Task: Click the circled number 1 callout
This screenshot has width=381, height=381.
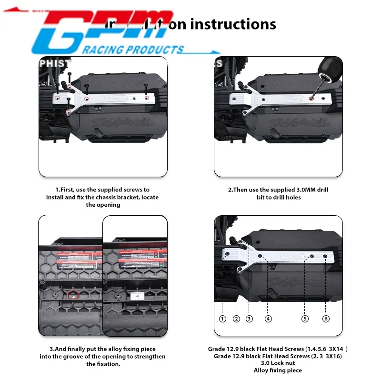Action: click(x=222, y=319)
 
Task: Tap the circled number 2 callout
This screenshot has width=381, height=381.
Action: click(x=236, y=319)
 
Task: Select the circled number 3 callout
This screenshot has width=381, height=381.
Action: click(x=249, y=319)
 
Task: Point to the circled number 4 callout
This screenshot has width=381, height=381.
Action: click(x=269, y=319)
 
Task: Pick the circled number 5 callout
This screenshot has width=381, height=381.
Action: click(x=305, y=319)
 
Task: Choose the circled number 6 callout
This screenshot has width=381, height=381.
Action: click(x=326, y=319)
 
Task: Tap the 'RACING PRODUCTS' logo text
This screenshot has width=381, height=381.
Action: click(x=133, y=50)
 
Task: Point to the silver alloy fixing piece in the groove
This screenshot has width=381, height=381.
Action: click(x=137, y=296)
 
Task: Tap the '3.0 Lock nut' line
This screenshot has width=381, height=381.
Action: click(x=278, y=363)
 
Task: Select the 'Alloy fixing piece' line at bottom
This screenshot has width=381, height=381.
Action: click(x=278, y=370)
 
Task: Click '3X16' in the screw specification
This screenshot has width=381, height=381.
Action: click(x=332, y=356)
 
